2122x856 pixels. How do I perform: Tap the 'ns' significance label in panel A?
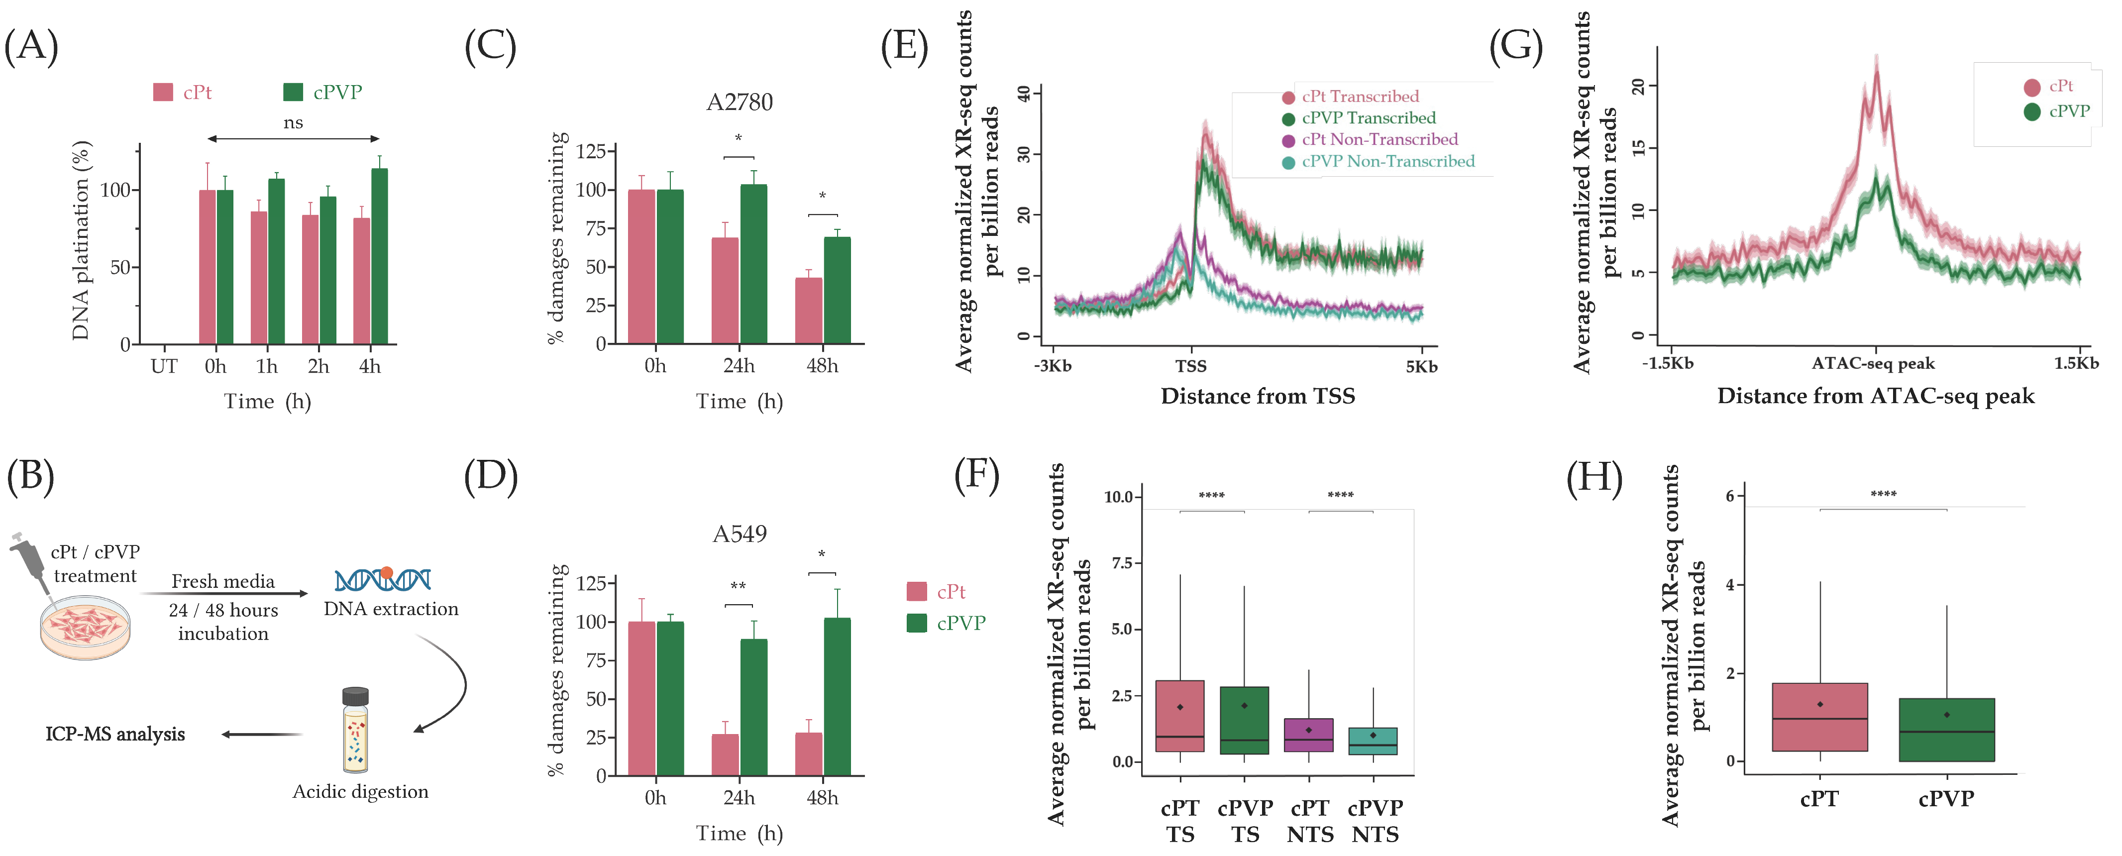(293, 123)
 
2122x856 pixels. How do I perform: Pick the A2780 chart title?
(740, 102)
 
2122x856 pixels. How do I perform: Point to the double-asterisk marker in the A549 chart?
(738, 586)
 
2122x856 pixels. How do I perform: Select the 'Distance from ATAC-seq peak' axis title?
(1876, 396)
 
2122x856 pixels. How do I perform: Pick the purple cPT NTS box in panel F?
(1309, 735)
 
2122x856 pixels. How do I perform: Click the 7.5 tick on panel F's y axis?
(1121, 563)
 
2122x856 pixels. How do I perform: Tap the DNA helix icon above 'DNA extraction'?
(383, 579)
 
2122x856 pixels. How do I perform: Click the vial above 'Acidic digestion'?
(356, 730)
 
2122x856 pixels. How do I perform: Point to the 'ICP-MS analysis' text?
(115, 734)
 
